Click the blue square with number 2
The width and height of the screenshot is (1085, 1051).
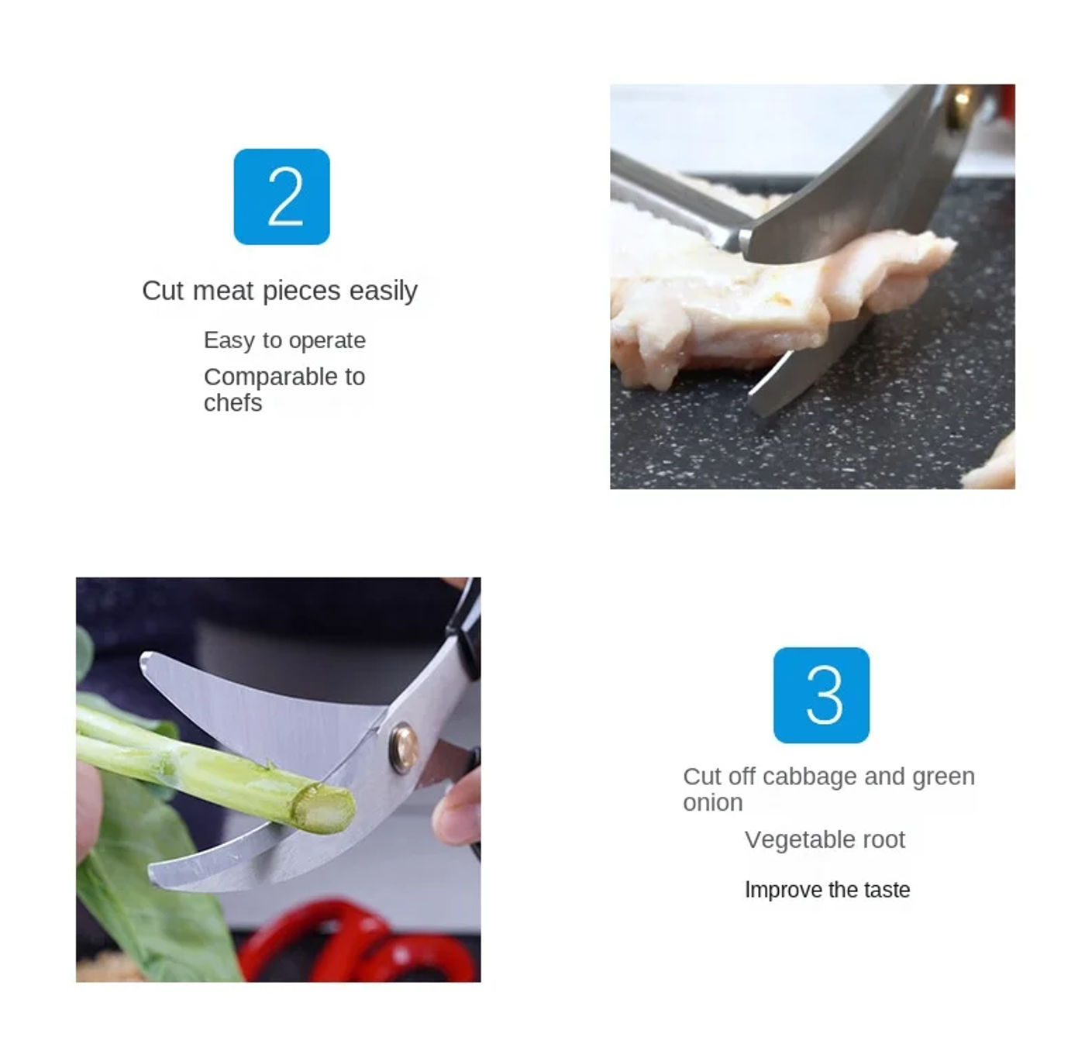[281, 196]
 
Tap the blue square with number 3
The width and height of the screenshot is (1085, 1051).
[821, 694]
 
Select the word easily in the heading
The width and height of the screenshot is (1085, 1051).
[383, 291]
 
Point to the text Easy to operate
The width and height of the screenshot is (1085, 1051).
[284, 340]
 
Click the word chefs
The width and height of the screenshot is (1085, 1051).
[232, 403]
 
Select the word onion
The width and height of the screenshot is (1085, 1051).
[712, 803]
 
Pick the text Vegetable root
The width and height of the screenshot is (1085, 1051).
[825, 839]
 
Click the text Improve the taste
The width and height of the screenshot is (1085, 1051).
[827, 890]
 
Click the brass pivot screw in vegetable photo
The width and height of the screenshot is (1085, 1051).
[404, 746]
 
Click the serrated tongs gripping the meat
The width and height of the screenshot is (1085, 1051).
[674, 202]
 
